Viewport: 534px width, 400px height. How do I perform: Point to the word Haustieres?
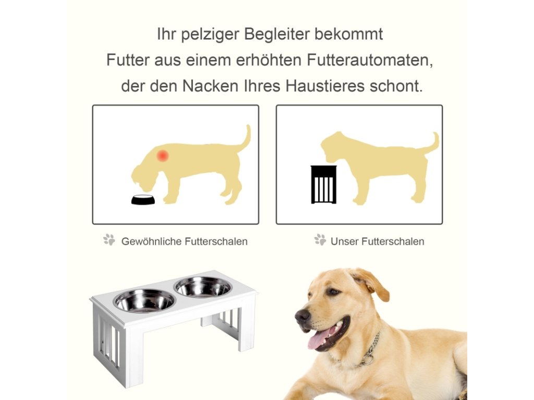(x=325, y=86)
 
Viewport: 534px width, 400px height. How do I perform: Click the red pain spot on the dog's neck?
(x=163, y=155)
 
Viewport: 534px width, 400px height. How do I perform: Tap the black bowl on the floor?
(x=143, y=199)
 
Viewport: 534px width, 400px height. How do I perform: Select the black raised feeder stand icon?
(x=323, y=184)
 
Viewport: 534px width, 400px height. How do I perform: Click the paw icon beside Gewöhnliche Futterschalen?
(x=110, y=240)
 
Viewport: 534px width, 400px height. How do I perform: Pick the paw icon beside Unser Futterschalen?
(x=320, y=240)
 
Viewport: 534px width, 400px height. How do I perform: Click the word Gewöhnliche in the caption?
(x=151, y=242)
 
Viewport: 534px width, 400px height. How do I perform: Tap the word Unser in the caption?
(x=344, y=242)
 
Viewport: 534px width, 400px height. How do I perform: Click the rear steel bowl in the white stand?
(x=203, y=287)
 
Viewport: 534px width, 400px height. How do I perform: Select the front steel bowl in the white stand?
(x=144, y=301)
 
